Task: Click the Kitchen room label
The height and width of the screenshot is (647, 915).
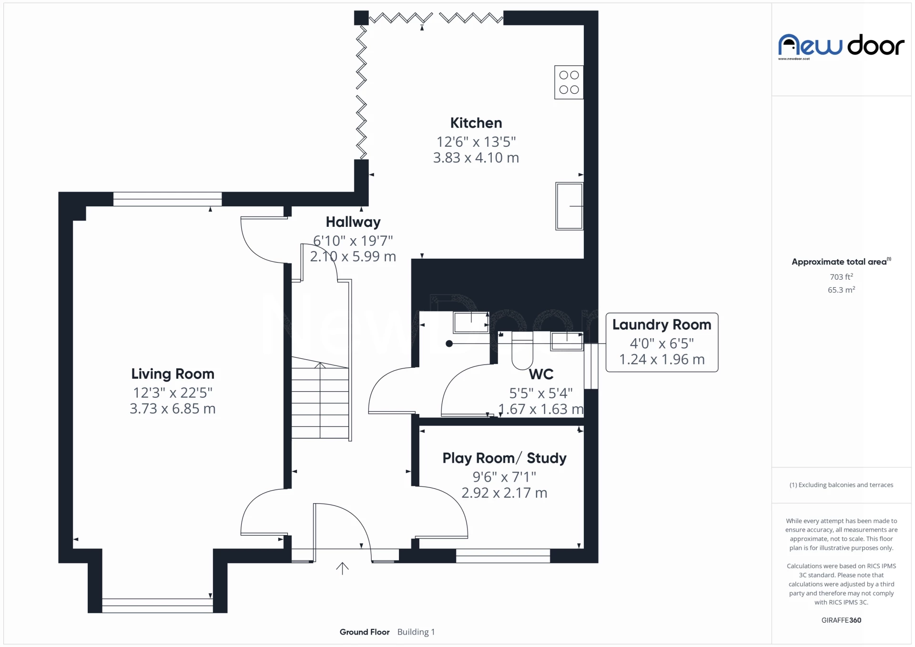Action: [x=476, y=123]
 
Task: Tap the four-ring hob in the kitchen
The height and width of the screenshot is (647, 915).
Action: [x=569, y=82]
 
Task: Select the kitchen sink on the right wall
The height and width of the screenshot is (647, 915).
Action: [x=569, y=206]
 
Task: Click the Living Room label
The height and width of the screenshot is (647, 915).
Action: [x=173, y=374]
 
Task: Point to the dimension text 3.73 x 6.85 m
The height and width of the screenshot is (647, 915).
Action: [x=173, y=409]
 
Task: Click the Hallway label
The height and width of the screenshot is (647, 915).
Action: [x=353, y=222]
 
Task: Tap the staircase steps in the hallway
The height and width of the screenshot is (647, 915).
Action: [x=320, y=403]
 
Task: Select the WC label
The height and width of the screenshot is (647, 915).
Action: [x=541, y=374]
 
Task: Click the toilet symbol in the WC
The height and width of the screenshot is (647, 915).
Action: [x=522, y=353]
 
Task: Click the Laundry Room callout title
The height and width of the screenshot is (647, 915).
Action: [x=661, y=325]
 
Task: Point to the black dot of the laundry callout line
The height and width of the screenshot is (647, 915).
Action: [x=449, y=344]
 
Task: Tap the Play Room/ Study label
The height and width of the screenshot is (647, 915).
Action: [x=504, y=458]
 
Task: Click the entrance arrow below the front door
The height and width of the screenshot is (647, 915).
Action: [x=342, y=568]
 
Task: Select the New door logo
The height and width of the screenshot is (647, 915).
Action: [x=841, y=46]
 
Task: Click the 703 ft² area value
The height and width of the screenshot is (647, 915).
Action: [x=841, y=277]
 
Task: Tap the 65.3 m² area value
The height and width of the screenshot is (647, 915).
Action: [x=841, y=290]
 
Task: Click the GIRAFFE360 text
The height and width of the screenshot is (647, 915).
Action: [x=841, y=620]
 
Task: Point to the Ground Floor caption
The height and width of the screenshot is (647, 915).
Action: [x=364, y=632]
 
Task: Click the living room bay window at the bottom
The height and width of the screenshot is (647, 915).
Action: [x=157, y=606]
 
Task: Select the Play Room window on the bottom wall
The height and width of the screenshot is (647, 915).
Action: [x=503, y=556]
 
